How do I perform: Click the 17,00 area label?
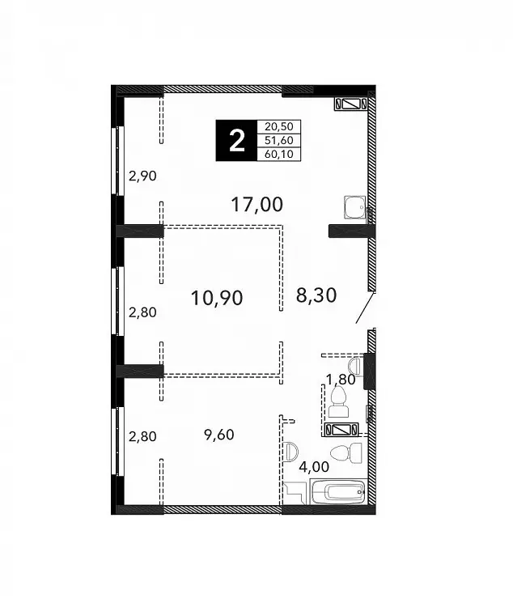256,205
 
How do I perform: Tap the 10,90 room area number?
217,298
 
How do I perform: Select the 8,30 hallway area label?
316,295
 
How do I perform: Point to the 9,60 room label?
219,435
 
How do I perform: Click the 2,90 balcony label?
142,176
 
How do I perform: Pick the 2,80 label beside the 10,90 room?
142,312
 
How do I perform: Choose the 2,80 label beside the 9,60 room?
142,437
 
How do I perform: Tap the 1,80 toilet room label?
341,380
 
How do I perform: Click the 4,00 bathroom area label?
314,467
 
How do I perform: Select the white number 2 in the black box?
237,141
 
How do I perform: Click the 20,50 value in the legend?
279,126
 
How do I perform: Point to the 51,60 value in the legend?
279,140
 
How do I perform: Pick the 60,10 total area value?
279,154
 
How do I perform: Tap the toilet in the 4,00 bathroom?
346,453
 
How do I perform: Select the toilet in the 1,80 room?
339,402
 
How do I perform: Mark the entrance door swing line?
366,308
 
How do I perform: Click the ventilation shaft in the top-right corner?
351,104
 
